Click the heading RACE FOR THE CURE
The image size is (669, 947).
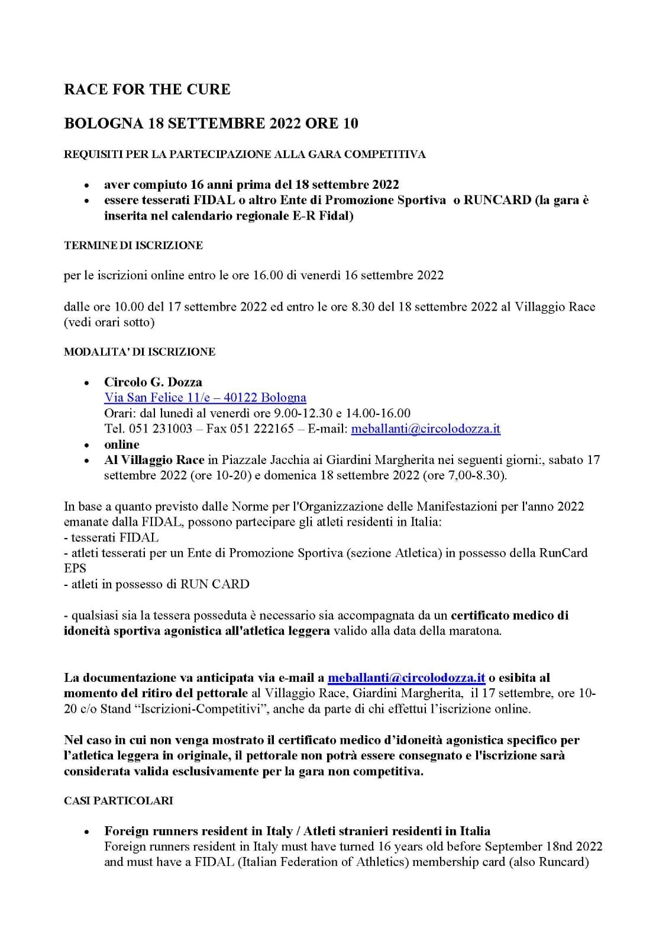click(147, 89)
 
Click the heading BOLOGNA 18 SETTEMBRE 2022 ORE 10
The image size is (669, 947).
click(211, 123)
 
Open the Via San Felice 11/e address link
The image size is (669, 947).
click(205, 397)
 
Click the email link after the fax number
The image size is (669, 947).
click(425, 429)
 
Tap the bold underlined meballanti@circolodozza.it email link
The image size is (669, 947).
click(406, 678)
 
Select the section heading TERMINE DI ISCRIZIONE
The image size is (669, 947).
click(133, 245)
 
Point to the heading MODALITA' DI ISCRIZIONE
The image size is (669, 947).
click(140, 352)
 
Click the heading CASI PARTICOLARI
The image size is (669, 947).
click(118, 800)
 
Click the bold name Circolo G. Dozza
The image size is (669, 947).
click(153, 382)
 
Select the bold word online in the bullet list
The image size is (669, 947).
click(122, 444)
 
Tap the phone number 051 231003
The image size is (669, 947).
click(160, 429)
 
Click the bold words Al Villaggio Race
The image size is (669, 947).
click(154, 460)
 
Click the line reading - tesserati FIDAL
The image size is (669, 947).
click(111, 537)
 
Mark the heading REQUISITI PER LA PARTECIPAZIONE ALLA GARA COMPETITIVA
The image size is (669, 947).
click(244, 154)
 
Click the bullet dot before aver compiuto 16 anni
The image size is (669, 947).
click(88, 185)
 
